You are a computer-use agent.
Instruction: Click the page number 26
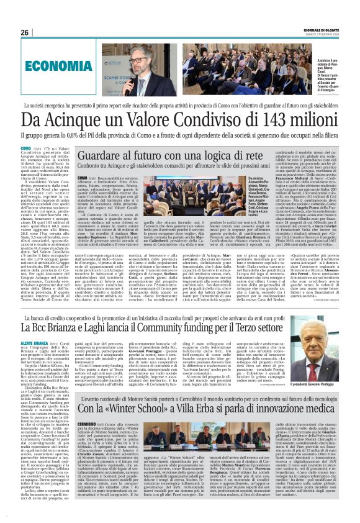point(24,32)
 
